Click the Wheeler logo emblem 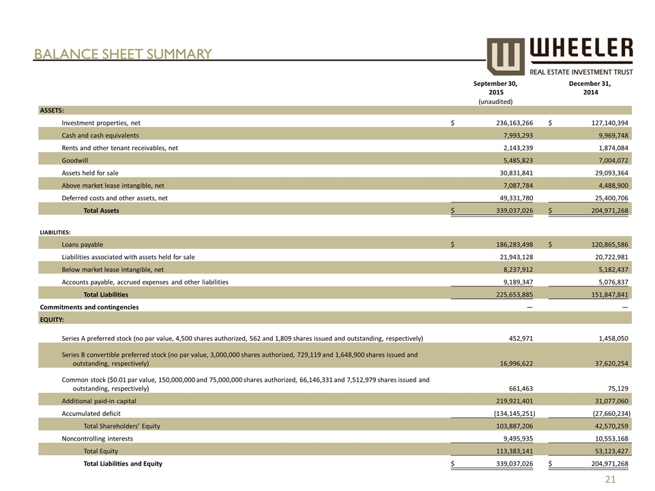click(x=506, y=56)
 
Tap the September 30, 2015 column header click(x=495, y=88)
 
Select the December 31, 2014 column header click(x=590, y=88)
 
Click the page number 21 click(x=611, y=480)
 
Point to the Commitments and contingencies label click(x=89, y=307)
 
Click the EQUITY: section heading click(x=52, y=318)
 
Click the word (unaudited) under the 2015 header click(x=495, y=101)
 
